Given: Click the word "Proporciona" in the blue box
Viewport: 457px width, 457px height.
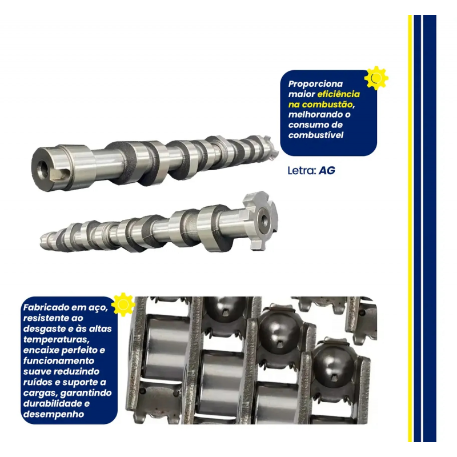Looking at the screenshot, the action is coord(315,84).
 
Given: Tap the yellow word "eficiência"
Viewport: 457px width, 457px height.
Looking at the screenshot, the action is coord(338,94).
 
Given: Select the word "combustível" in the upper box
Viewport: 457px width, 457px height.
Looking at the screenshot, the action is coord(316,135).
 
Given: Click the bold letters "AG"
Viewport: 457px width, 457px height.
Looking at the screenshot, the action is coord(327,170).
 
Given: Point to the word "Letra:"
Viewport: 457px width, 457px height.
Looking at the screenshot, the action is coord(302,170).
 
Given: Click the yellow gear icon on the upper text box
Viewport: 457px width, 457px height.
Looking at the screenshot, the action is coord(376,78).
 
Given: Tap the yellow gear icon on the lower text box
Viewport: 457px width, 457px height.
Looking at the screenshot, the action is coord(123,304).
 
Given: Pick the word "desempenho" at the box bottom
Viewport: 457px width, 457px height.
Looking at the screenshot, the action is coord(54,414).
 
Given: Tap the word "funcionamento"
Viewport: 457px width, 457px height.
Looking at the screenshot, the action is coord(59,361).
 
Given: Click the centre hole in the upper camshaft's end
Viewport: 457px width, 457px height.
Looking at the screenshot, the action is coord(43,169).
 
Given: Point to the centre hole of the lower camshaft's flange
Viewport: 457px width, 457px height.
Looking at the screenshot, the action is coord(264,220).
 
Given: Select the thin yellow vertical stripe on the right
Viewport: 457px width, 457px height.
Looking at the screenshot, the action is coord(410,228).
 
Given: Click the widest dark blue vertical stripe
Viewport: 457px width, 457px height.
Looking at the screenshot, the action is coord(430,228).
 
